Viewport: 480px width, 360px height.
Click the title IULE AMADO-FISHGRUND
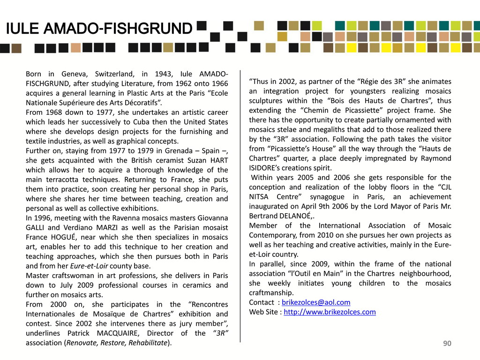tap(99, 30)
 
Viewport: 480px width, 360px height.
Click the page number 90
tap(447, 344)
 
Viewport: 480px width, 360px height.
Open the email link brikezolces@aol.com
tap(316, 302)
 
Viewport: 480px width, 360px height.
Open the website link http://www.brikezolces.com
tap(330, 312)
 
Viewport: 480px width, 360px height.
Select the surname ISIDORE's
tap(268, 168)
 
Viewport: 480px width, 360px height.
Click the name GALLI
tap(36, 228)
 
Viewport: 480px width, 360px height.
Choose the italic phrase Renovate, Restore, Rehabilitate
tap(117, 343)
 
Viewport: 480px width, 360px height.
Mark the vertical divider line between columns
tap(240, 206)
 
